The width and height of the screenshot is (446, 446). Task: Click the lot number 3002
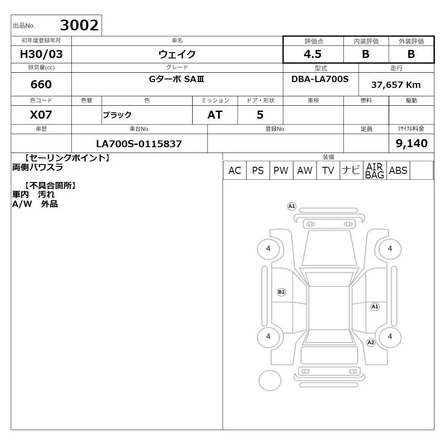[x=79, y=25]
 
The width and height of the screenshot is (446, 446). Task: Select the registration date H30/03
[x=41, y=54]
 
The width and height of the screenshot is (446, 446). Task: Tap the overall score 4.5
[x=313, y=54]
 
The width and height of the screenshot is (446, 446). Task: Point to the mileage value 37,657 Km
[x=396, y=85]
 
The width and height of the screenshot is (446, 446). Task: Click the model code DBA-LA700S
[x=320, y=79]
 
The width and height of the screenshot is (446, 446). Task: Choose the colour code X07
[x=41, y=115]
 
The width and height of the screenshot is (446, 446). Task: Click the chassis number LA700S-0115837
[x=139, y=144]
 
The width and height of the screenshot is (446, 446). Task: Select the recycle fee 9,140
[x=412, y=143]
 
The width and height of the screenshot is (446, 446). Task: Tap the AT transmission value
[x=215, y=115]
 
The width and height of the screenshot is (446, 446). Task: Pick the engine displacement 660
[x=41, y=84]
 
